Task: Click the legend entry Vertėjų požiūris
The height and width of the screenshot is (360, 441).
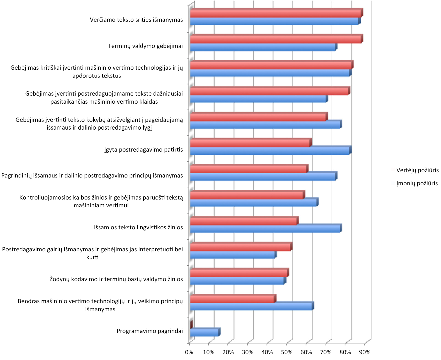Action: pos(417,170)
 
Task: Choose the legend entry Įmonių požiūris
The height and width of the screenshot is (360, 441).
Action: pos(417,183)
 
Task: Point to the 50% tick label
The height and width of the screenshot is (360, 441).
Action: pos(287,352)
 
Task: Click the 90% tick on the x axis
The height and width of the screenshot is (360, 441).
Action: pos(365,352)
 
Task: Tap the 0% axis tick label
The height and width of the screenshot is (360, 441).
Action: pos(189,352)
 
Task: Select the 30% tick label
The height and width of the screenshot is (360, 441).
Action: pos(248,352)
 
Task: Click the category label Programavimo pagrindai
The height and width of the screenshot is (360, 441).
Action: pos(150,331)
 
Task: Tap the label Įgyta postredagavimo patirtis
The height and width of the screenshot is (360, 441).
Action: pos(143,150)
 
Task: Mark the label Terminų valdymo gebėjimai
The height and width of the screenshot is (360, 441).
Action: pos(145,46)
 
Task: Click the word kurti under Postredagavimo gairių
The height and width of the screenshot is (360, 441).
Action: pos(92,257)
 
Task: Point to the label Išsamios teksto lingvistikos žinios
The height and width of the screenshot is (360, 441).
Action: pos(138,227)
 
